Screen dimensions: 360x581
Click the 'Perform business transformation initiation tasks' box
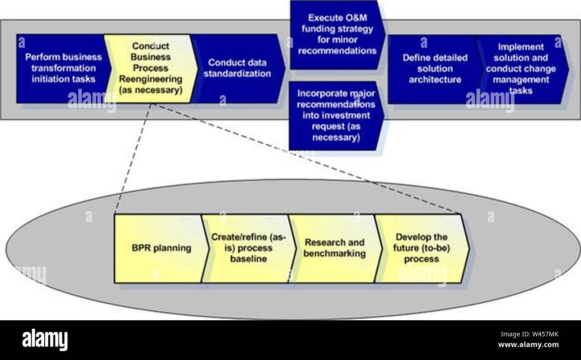click(x=60, y=68)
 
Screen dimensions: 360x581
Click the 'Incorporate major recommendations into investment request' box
click(x=337, y=115)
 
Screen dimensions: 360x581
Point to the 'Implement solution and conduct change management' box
click(x=521, y=68)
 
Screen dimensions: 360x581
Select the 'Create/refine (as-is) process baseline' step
click(x=248, y=248)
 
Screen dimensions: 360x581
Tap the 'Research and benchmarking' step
click(x=335, y=248)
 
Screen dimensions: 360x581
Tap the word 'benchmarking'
click(x=335, y=254)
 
